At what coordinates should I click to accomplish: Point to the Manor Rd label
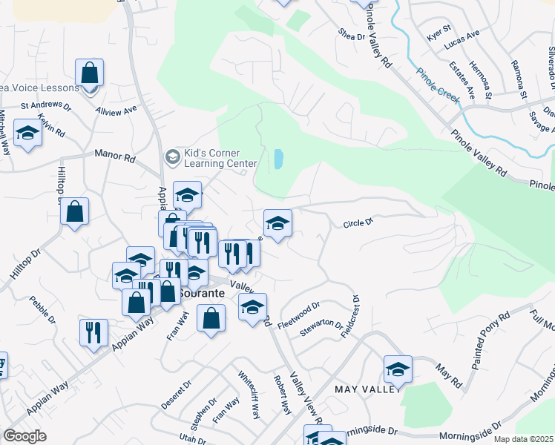point(115,156)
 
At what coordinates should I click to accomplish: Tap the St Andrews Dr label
point(45,107)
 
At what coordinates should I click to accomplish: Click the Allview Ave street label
point(116,109)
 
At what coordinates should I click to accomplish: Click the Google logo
point(24,436)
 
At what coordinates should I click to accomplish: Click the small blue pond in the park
point(278,158)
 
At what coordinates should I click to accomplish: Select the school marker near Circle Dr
point(277,223)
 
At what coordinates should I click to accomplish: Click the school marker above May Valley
point(398,369)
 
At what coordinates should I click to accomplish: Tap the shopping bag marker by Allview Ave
point(89,73)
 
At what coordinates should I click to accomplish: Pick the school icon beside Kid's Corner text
point(172,156)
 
